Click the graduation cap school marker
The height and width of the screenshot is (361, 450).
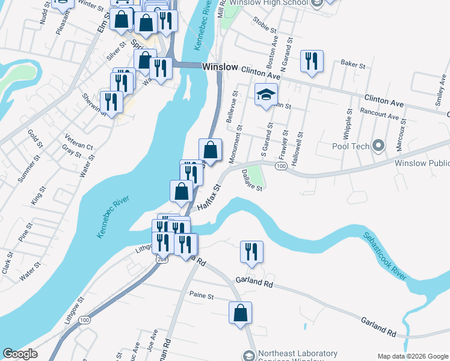[x=266, y=95]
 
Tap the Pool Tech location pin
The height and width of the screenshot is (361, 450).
[x=378, y=146]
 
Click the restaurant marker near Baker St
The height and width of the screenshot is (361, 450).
[x=312, y=61]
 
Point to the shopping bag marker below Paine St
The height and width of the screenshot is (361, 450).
[x=240, y=313]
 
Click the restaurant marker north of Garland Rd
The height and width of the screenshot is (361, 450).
[x=251, y=252]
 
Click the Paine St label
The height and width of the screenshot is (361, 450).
[x=202, y=296]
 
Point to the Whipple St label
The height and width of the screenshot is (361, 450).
[x=348, y=124]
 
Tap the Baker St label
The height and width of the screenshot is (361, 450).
[x=353, y=63]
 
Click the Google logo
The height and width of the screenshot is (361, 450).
[x=20, y=354]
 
